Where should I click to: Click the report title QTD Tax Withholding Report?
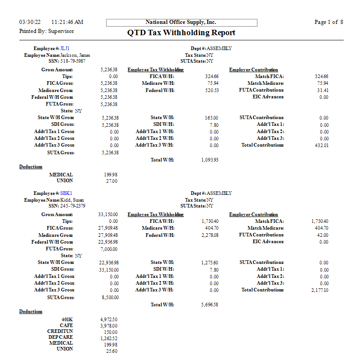pyautogui.click(x=182, y=32)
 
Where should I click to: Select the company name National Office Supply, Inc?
pyautogui.click(x=181, y=22)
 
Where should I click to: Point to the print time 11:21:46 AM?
pyautogui.click(x=68, y=22)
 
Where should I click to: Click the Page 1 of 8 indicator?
pyautogui.click(x=328, y=22)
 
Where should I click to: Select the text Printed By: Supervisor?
pyautogui.click(x=47, y=31)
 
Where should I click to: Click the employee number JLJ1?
pyautogui.click(x=65, y=48)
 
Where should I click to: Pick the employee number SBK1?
pyautogui.click(x=66, y=193)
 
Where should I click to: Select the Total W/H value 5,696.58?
pyautogui.click(x=210, y=305)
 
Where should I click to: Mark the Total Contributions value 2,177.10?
pyautogui.click(x=320, y=291)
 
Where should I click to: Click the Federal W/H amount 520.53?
pyautogui.click(x=211, y=91)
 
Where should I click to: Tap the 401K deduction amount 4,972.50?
pyautogui.click(x=109, y=319)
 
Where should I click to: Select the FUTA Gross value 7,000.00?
pyautogui.click(x=109, y=249)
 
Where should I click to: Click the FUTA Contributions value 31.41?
pyautogui.click(x=323, y=91)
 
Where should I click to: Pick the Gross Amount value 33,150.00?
pyautogui.click(x=108, y=215)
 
